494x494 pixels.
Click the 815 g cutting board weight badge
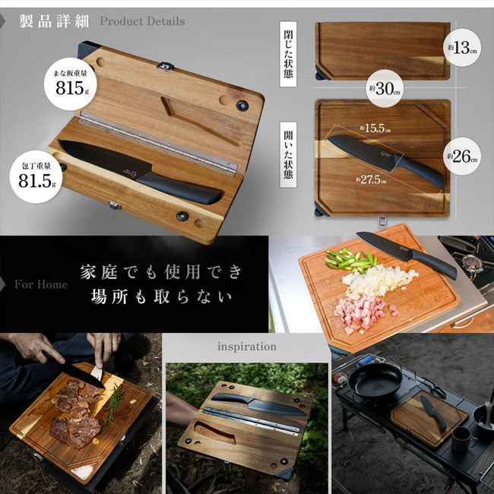coord(70,84)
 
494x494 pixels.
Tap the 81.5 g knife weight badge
coord(36,177)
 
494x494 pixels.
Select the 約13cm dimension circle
coord(462,48)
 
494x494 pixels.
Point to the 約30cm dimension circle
coord(385,88)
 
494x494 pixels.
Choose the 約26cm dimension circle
coord(462,157)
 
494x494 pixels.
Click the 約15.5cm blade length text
coord(375,128)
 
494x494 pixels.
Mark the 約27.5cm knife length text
coord(371,179)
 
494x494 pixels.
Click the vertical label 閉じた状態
coord(288,54)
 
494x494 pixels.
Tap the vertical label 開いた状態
coord(288,155)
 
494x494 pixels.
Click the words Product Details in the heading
coord(142,21)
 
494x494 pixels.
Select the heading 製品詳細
coord(54,21)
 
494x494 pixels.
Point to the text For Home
coord(41,284)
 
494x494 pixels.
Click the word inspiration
coord(247,347)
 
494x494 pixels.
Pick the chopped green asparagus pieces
coord(351,260)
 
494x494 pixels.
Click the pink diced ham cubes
coord(363,313)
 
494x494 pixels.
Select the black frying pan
coord(375,382)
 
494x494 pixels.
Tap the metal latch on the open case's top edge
coord(166,66)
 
